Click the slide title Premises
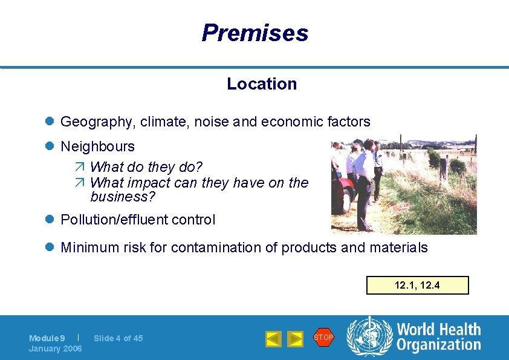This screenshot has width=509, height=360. (x=254, y=33)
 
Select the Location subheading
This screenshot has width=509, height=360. (x=262, y=84)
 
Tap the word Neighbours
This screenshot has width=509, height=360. (x=97, y=146)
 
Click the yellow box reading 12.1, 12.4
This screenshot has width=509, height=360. (x=417, y=285)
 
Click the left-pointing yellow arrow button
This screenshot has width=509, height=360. (x=273, y=339)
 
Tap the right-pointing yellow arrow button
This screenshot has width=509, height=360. (x=294, y=339)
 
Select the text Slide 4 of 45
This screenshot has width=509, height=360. (x=118, y=338)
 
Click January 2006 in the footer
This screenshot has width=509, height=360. (x=56, y=349)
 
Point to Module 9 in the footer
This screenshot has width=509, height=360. (x=47, y=338)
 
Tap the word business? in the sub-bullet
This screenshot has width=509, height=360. (x=123, y=197)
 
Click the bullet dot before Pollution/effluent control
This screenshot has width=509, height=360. (x=51, y=220)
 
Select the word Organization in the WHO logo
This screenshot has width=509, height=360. (x=438, y=345)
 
